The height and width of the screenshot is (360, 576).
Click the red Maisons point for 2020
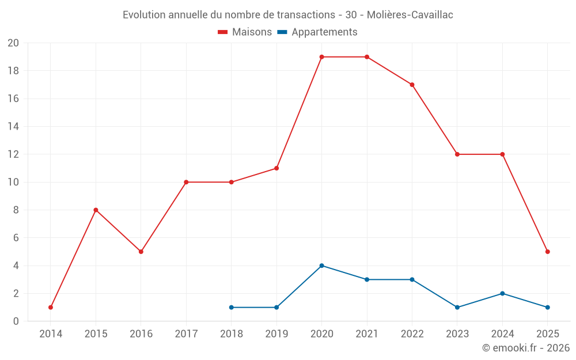(321, 57)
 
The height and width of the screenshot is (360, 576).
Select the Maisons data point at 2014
(51, 308)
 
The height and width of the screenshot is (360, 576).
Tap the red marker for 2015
(96, 210)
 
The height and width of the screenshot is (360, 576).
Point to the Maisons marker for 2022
(412, 85)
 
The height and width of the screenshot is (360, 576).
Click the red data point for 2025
(547, 252)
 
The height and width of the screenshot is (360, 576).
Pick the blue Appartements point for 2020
(321, 266)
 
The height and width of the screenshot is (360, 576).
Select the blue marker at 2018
(231, 308)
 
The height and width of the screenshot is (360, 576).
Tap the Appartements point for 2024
(502, 294)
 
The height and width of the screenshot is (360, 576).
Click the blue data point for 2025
(547, 308)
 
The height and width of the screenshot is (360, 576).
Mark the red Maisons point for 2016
(141, 252)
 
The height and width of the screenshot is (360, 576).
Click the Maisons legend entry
(245, 32)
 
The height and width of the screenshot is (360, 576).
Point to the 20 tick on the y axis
(13, 43)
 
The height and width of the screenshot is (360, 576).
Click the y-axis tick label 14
(13, 127)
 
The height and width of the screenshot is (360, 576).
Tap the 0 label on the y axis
(16, 321)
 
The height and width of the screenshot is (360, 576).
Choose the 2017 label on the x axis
(186, 334)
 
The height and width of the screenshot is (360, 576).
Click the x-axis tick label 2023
(457, 334)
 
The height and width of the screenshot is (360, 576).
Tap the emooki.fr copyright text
(525, 348)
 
